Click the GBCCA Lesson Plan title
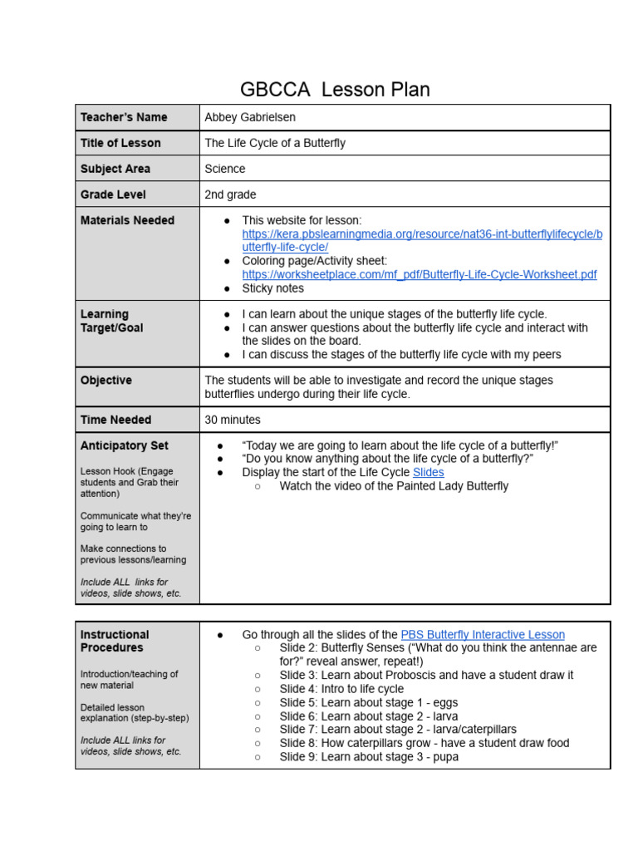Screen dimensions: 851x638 click(x=335, y=89)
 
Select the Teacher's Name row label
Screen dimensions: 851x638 click(x=124, y=117)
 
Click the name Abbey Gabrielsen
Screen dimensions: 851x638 click(x=250, y=117)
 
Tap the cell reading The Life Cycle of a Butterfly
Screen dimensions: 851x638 click(x=275, y=143)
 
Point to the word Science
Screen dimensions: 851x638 click(x=225, y=169)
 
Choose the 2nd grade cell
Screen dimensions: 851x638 click(x=231, y=194)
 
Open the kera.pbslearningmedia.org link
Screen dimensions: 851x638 click(x=422, y=241)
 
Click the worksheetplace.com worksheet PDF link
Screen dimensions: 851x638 click(x=419, y=274)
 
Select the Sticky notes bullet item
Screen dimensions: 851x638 click(x=272, y=288)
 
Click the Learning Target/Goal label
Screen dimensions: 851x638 click(x=111, y=321)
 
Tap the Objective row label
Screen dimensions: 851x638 click(x=106, y=380)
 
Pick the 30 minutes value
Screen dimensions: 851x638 click(x=233, y=420)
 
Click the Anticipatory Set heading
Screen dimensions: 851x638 click(x=125, y=445)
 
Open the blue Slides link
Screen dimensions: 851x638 click(x=428, y=472)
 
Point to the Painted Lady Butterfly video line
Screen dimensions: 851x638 click(x=394, y=486)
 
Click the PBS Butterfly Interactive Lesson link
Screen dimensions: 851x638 click(x=482, y=634)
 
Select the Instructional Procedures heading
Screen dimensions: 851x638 click(x=115, y=641)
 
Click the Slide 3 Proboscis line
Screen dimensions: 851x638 click(x=426, y=675)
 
